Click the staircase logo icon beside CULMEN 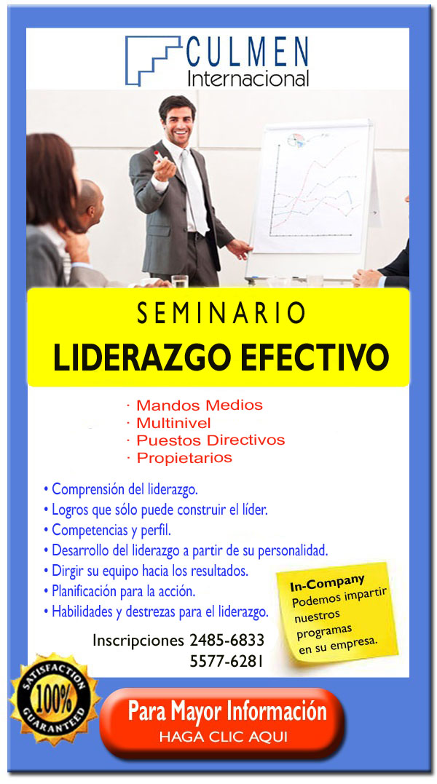pos(152,60)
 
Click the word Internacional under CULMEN pos(248,79)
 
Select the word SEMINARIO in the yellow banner pos(221,314)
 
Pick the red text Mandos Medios pos(200,405)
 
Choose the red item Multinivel pos(173,423)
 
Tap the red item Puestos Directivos pos(210,440)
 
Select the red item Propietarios pos(184,458)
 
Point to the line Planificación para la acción pos(119,592)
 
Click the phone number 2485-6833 pos(227,640)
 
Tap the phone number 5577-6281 pos(227,662)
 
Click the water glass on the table pos(179,281)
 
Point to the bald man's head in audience pos(91,201)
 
